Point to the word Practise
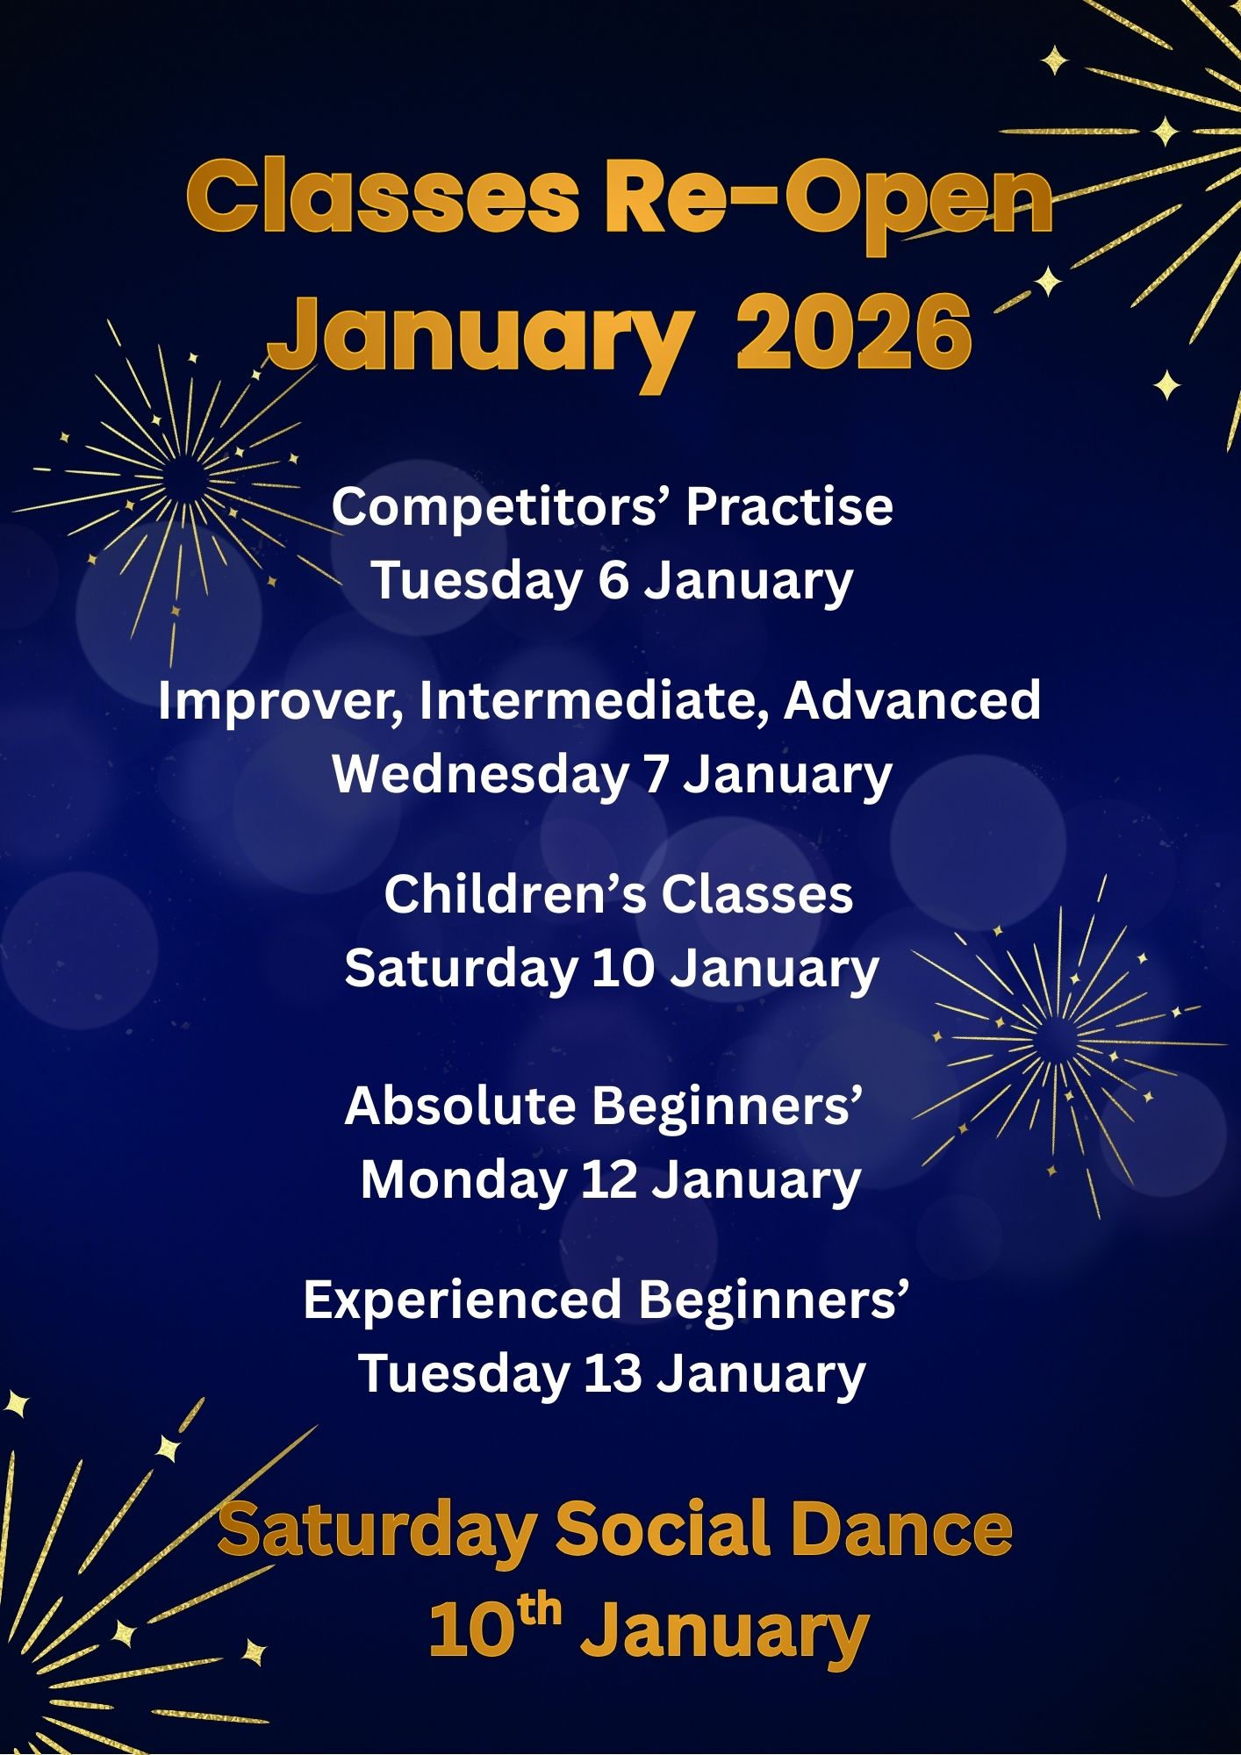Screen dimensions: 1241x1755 (790, 506)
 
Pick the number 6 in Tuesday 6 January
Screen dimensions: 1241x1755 (613, 581)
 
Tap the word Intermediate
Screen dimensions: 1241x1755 (594, 702)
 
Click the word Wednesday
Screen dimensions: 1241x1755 (480, 775)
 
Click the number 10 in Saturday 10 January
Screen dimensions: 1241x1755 (623, 969)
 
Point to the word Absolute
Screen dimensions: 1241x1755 (461, 1106)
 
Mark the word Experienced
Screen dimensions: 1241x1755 (463, 1300)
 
